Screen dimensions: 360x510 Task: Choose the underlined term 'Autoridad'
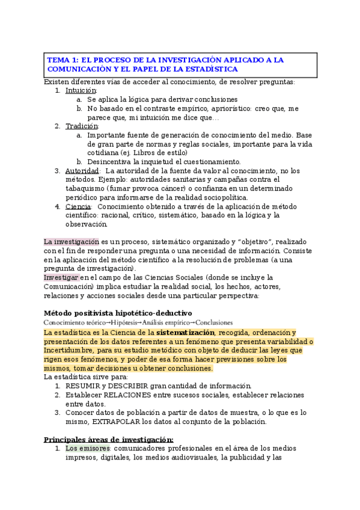click(x=82, y=171)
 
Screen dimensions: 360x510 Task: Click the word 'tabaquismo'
click(x=87, y=189)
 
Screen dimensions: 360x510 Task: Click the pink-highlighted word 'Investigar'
click(x=61, y=277)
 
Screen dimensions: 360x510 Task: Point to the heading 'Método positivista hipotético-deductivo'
click(x=118, y=313)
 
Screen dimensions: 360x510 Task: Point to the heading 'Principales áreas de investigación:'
click(x=109, y=439)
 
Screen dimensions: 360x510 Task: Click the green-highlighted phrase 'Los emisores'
click(x=88, y=449)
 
